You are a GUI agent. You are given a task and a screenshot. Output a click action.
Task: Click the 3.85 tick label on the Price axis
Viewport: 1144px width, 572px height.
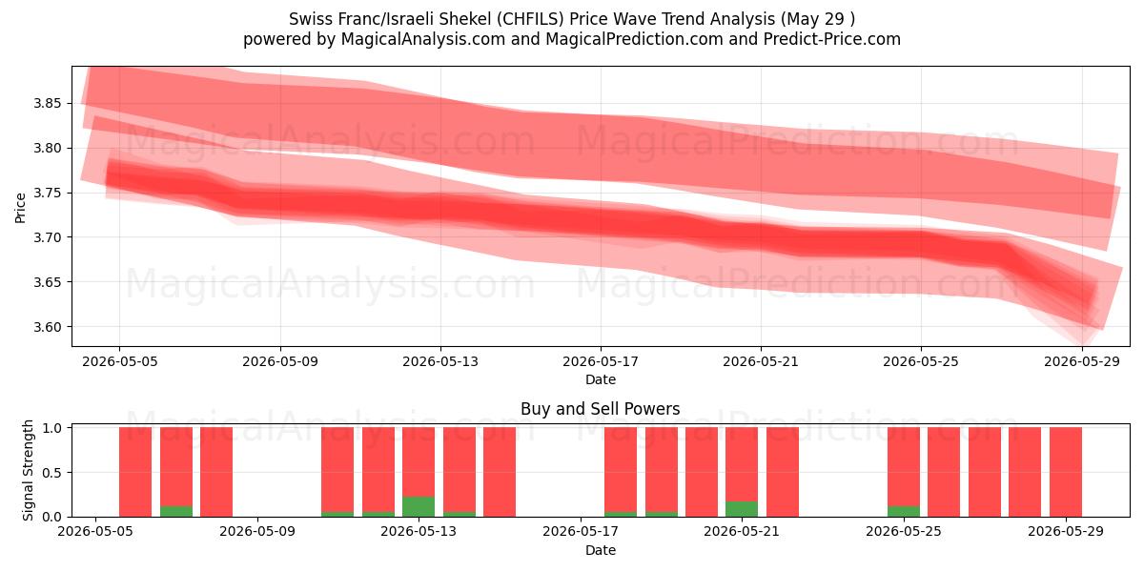[x=47, y=103]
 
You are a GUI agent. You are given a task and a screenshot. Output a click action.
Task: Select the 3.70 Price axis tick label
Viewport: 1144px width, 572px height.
[x=47, y=237]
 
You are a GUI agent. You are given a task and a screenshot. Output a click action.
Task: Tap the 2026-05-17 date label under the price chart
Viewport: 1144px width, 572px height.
[x=601, y=362]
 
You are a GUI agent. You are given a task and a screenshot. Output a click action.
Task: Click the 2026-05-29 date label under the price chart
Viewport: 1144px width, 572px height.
[x=1082, y=362]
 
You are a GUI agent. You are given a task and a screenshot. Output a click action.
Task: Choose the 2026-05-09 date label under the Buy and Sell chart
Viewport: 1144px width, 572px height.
[x=256, y=532]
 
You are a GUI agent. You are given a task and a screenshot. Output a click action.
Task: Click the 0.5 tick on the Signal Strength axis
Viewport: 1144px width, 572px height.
[x=51, y=473]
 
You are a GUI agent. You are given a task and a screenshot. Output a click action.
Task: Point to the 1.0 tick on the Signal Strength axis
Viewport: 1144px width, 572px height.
[x=51, y=428]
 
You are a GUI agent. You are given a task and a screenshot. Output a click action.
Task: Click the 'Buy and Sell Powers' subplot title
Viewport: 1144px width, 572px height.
[x=600, y=409]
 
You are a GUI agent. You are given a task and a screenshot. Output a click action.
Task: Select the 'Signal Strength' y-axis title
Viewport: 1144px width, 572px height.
[x=28, y=470]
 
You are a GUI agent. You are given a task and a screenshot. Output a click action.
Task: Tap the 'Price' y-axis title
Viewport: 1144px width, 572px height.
[x=20, y=208]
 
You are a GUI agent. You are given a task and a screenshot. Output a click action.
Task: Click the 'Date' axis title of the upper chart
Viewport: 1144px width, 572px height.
[x=601, y=380]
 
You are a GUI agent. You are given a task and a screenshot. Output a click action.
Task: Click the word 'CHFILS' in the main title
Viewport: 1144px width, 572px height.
[x=530, y=19]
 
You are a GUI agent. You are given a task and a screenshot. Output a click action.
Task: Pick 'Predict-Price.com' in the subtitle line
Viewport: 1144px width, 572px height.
[x=832, y=39]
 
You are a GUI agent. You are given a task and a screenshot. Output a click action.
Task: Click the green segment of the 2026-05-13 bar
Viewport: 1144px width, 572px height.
[x=419, y=506]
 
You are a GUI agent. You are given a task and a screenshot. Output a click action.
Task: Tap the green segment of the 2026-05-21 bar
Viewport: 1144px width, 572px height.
[x=742, y=509]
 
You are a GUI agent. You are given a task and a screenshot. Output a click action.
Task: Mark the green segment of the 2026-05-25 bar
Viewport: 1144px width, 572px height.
[x=904, y=511]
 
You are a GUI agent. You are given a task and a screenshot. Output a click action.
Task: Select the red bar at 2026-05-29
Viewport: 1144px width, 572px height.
[x=1066, y=472]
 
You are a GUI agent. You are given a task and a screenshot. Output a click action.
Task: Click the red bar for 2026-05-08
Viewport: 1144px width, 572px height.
[x=216, y=472]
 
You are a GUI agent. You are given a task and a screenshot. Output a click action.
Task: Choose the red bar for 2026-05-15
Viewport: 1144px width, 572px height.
[x=500, y=472]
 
